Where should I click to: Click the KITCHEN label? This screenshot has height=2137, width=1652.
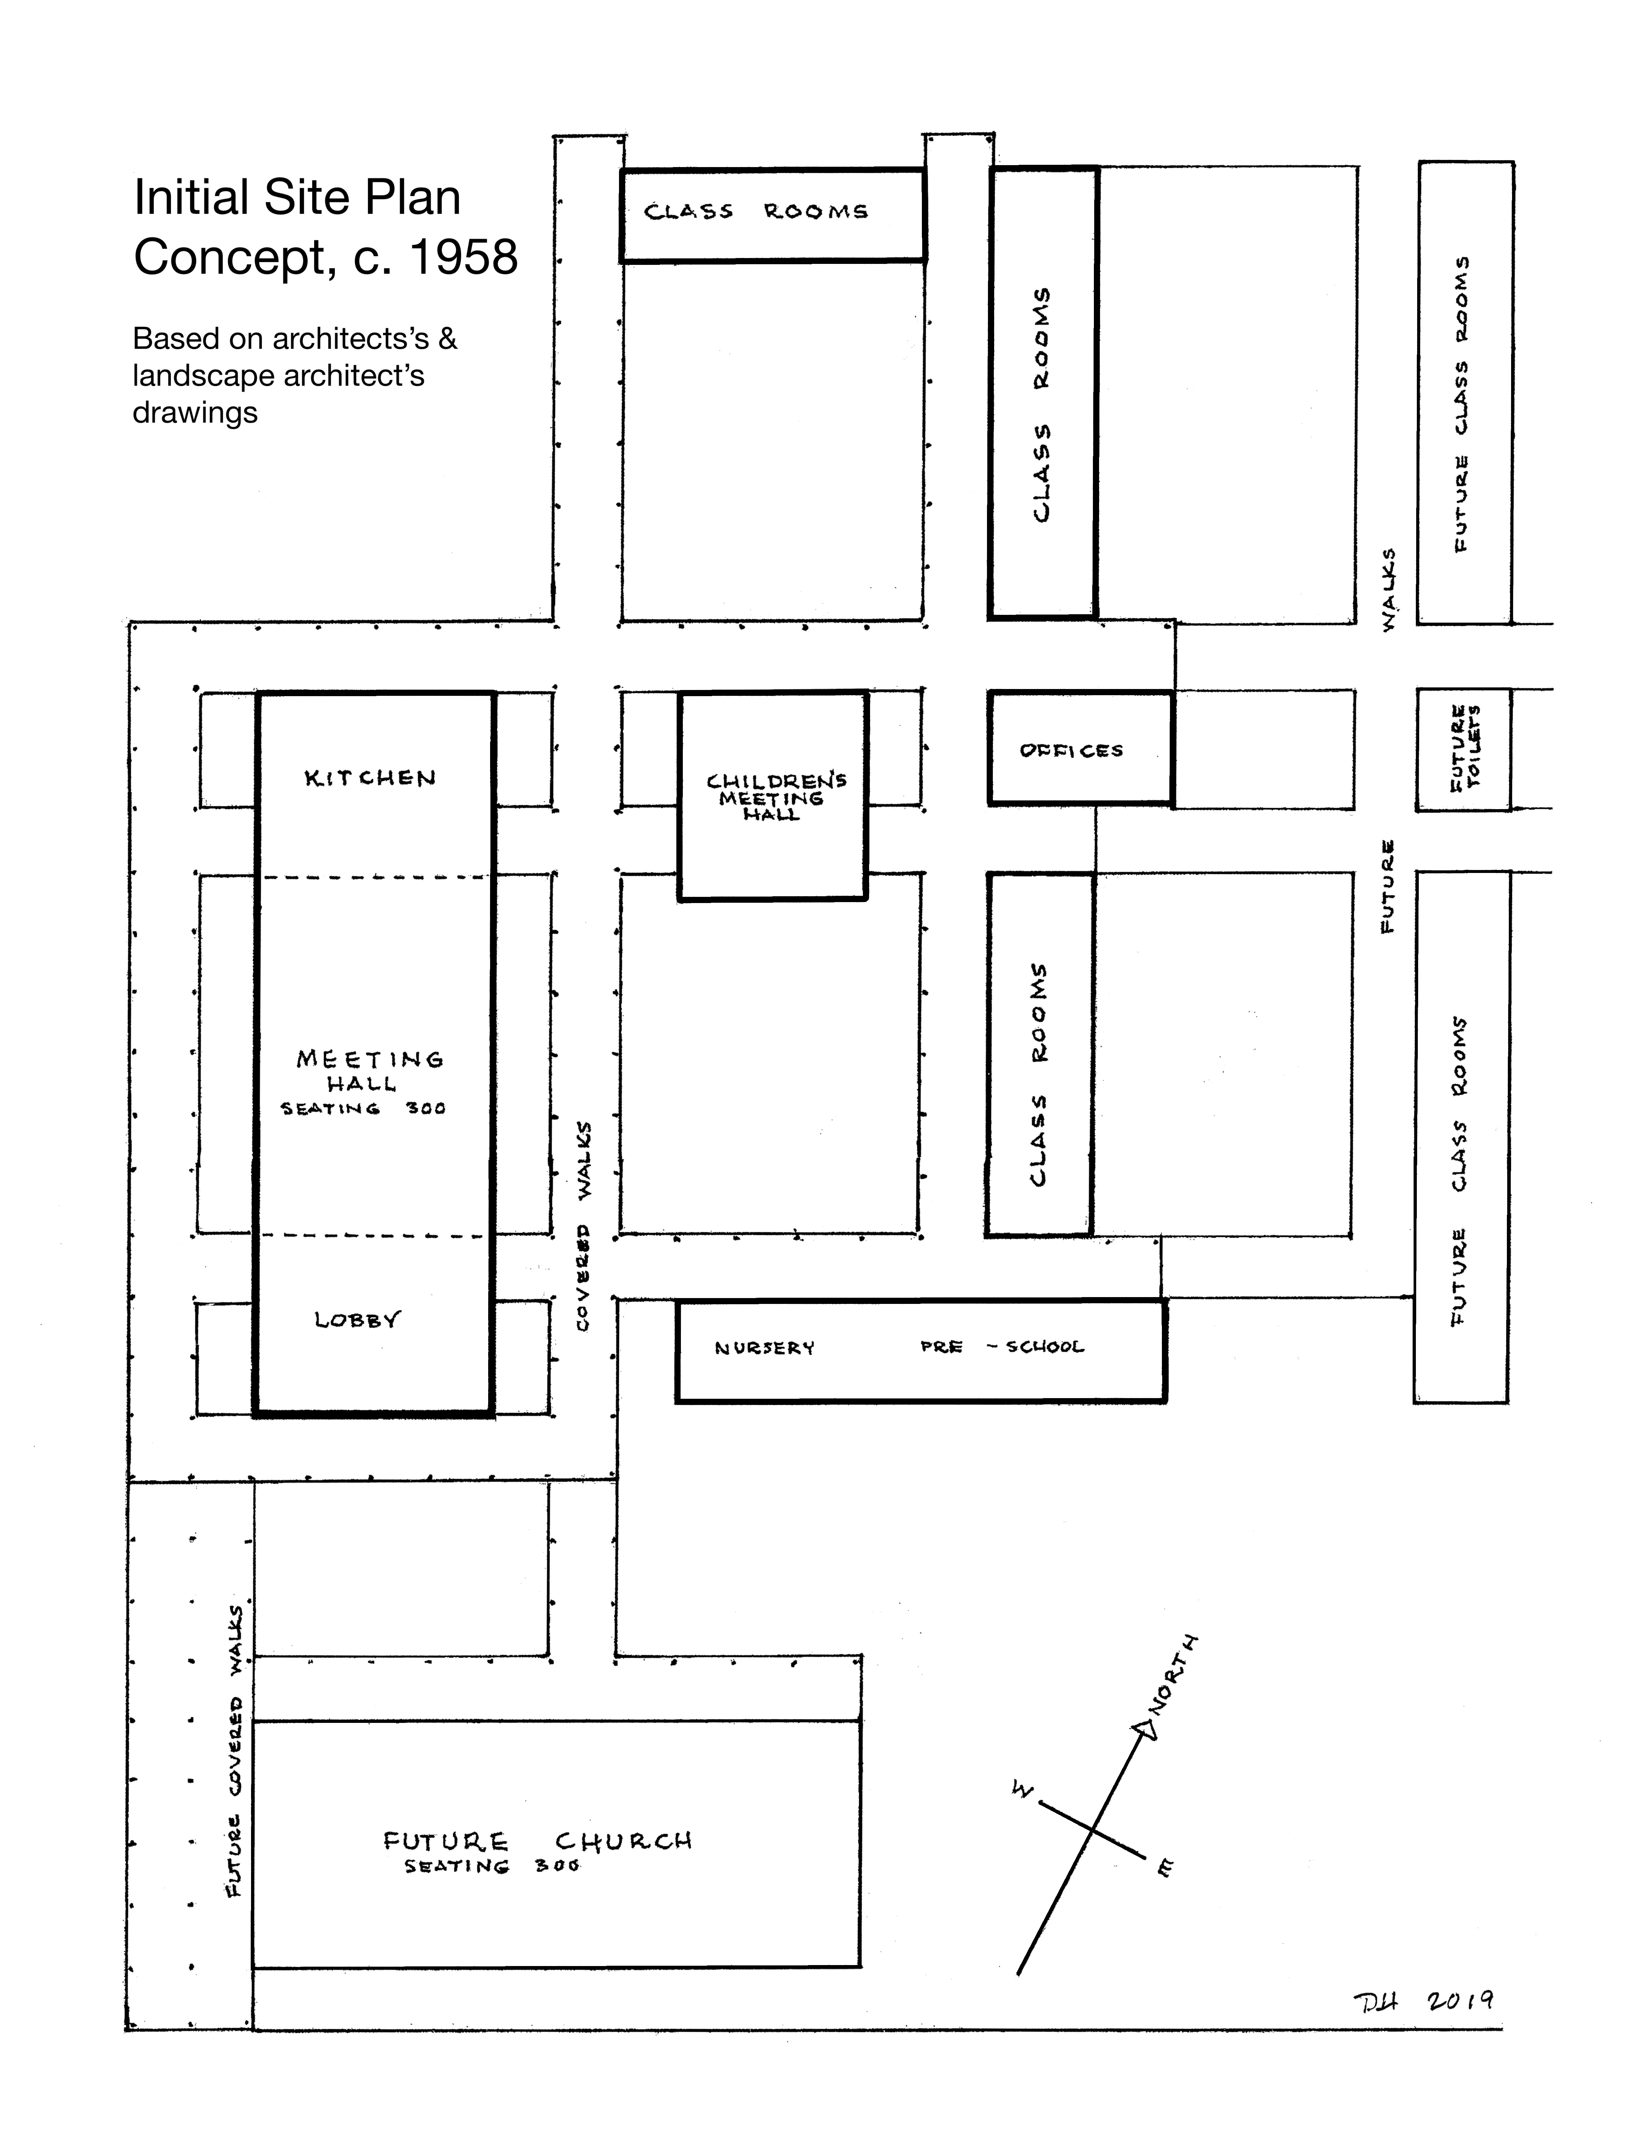coord(370,779)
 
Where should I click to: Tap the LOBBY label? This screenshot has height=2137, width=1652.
coord(357,1320)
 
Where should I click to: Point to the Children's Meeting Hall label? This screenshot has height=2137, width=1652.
coord(775,797)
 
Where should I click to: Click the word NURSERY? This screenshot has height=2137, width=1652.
coord(764,1348)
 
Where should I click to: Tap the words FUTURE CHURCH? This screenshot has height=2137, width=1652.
coord(537,1841)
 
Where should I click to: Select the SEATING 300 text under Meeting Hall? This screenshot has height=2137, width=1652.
coord(362,1109)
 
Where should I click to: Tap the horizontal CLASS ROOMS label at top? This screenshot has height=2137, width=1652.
coord(755,211)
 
